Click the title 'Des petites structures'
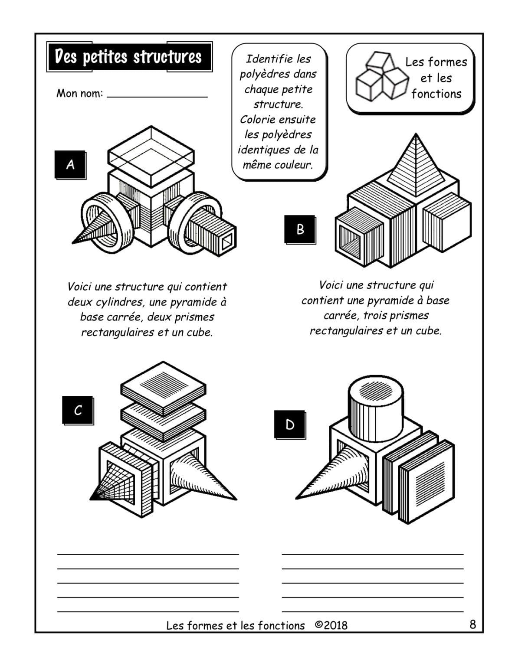click(x=128, y=57)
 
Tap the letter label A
click(x=70, y=164)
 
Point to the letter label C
click(x=78, y=410)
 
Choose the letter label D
click(x=289, y=424)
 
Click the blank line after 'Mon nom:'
click(x=157, y=95)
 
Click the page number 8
click(x=472, y=624)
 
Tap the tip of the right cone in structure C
click(x=236, y=499)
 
